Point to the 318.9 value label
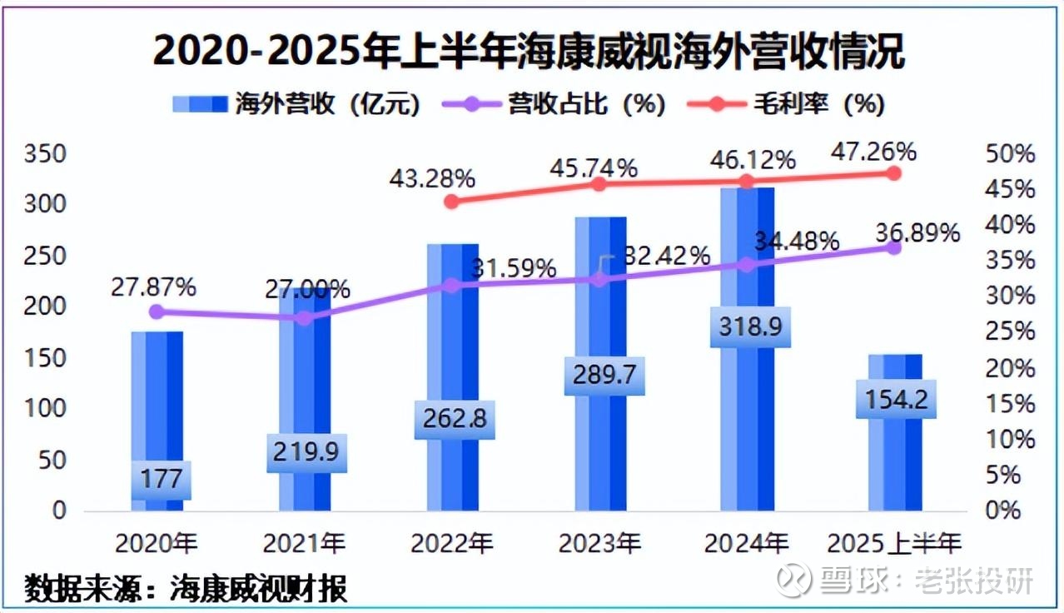click(x=750, y=326)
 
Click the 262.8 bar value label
click(x=455, y=418)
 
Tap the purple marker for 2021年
click(x=305, y=318)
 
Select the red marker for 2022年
click(x=451, y=202)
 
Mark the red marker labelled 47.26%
click(x=893, y=173)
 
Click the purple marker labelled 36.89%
click(x=893, y=247)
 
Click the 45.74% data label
click(x=594, y=167)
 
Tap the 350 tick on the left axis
click(x=46, y=154)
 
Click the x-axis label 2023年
click(x=599, y=544)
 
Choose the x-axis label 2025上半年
click(x=894, y=544)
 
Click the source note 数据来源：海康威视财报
click(x=185, y=588)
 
